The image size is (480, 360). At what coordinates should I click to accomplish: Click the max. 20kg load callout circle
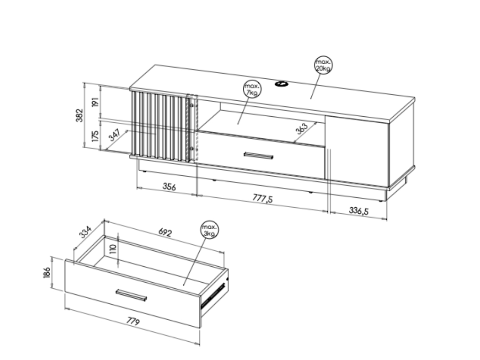323,65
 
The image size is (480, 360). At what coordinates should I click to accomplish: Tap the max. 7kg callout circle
253,89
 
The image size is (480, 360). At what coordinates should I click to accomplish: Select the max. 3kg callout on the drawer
210,230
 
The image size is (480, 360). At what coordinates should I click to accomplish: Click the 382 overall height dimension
80,115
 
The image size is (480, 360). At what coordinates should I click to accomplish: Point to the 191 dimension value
95,102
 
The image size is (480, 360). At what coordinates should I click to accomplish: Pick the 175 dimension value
95,135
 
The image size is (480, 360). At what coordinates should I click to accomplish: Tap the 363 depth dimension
301,128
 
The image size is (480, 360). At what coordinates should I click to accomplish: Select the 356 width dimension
169,186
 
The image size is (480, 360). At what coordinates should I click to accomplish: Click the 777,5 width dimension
262,198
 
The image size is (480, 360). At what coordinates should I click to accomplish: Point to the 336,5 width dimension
359,210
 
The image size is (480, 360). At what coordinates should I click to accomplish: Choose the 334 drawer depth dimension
85,232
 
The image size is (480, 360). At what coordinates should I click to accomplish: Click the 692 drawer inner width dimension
165,232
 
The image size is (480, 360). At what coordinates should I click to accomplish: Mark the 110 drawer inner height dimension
113,249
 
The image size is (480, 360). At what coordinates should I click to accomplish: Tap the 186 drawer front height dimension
46,272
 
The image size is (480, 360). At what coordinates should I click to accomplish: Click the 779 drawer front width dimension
133,321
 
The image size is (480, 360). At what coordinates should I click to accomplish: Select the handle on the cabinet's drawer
258,156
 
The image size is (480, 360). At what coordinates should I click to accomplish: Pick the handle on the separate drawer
131,295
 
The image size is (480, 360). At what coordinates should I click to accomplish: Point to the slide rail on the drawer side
213,295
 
